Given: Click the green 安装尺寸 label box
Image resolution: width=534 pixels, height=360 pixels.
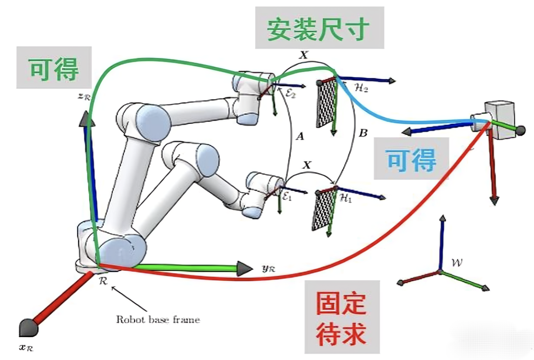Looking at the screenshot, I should click(319, 28).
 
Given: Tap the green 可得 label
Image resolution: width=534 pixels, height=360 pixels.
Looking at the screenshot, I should click(54, 68).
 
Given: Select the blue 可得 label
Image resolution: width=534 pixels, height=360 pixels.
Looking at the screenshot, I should click(411, 159).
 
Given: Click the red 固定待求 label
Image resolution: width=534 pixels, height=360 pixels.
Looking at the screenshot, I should click(342, 317).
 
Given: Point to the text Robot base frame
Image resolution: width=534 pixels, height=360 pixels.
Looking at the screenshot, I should click(158, 320).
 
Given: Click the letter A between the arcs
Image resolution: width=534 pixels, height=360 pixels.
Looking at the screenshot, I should click(299, 136).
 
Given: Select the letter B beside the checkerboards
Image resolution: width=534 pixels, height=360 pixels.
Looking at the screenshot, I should click(363, 133).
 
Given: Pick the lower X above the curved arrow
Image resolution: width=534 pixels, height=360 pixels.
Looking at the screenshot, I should click(307, 165).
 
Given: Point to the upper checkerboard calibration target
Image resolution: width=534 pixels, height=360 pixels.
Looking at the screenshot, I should click(326, 103).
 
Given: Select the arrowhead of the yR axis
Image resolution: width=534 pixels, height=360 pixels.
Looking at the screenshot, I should click(245, 268).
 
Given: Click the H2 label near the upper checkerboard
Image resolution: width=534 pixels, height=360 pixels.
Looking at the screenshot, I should click(361, 88).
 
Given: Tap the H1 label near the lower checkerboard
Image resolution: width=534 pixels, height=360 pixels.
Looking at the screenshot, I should click(346, 199).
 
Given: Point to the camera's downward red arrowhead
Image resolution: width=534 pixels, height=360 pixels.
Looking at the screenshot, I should click(494, 200).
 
